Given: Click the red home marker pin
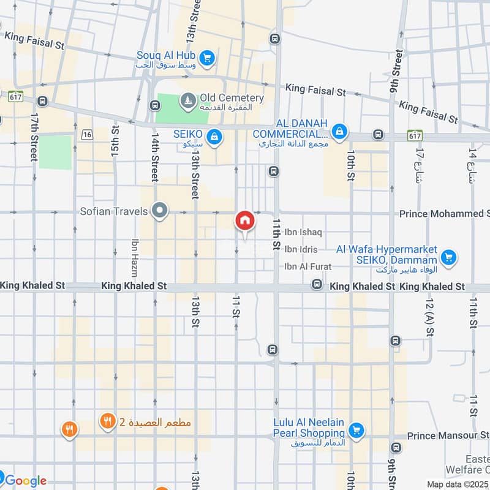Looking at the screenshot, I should point(244,221).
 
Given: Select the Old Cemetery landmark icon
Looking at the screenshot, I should point(187,99).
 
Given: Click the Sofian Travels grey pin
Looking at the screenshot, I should point(160,211).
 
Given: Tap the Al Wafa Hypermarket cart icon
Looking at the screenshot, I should point(448,257).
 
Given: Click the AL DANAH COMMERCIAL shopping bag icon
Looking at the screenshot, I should point(339,130).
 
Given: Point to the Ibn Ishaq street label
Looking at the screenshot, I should point(303,233).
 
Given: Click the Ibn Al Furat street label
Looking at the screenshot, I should point(307,266).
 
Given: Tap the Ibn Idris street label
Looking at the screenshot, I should point(301,249).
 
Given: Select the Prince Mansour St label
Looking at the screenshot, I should point(447,435).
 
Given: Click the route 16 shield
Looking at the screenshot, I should point(86,134).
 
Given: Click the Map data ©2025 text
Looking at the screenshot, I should point(457,484).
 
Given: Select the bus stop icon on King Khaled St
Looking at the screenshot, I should point(317,284).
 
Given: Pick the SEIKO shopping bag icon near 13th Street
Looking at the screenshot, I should point(214,137).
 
